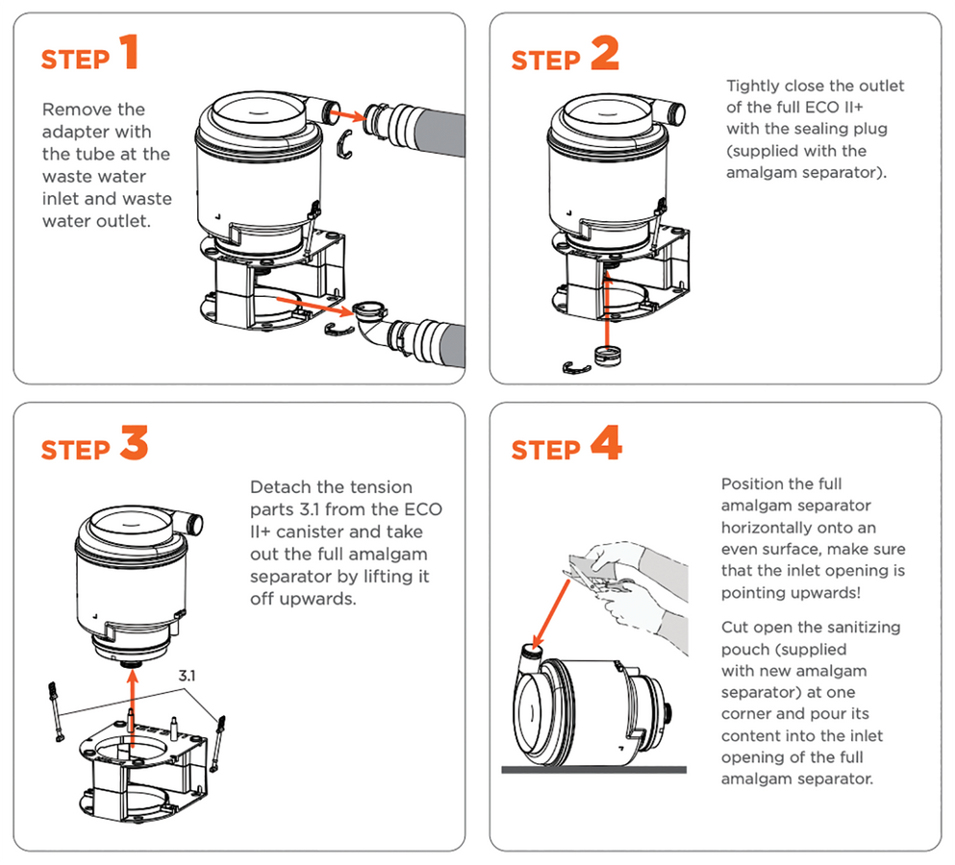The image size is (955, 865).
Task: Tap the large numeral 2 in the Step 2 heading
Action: (x=604, y=53)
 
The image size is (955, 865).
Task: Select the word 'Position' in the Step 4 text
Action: (x=753, y=484)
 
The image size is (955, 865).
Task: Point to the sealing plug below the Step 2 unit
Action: (x=608, y=355)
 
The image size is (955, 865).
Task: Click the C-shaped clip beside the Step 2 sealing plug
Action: (x=575, y=366)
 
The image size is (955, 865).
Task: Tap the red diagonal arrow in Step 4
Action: (x=558, y=603)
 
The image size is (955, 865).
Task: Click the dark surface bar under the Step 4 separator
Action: (x=593, y=769)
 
